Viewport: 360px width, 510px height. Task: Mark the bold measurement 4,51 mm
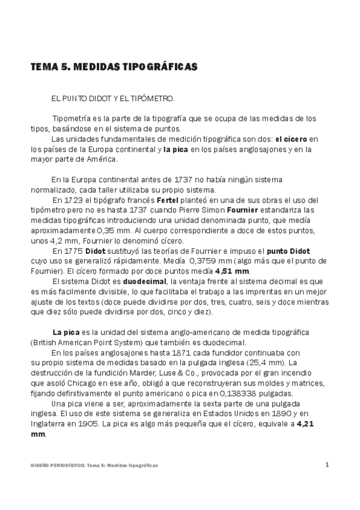click(232, 271)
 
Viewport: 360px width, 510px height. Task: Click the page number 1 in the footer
click(327, 464)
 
